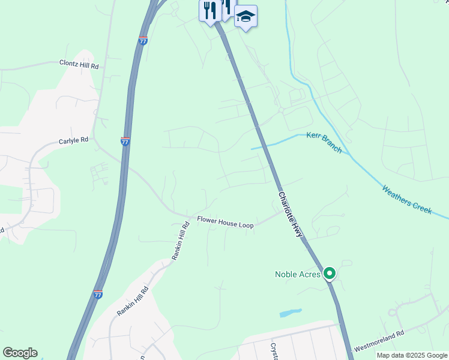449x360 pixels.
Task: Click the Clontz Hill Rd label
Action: [x=79, y=65]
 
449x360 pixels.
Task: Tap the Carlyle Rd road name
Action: [x=74, y=140]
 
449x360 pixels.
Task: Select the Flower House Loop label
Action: [x=225, y=222]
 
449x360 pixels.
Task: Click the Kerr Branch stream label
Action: [x=324, y=143]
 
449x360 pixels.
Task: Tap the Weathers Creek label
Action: [x=407, y=200]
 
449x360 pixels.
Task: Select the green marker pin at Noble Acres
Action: [x=329, y=274]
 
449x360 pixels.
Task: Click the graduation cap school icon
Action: [x=246, y=16]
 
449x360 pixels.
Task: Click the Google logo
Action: [x=20, y=353]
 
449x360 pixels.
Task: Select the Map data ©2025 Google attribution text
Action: [x=412, y=355]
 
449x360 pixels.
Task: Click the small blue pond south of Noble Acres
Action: [x=291, y=313]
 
